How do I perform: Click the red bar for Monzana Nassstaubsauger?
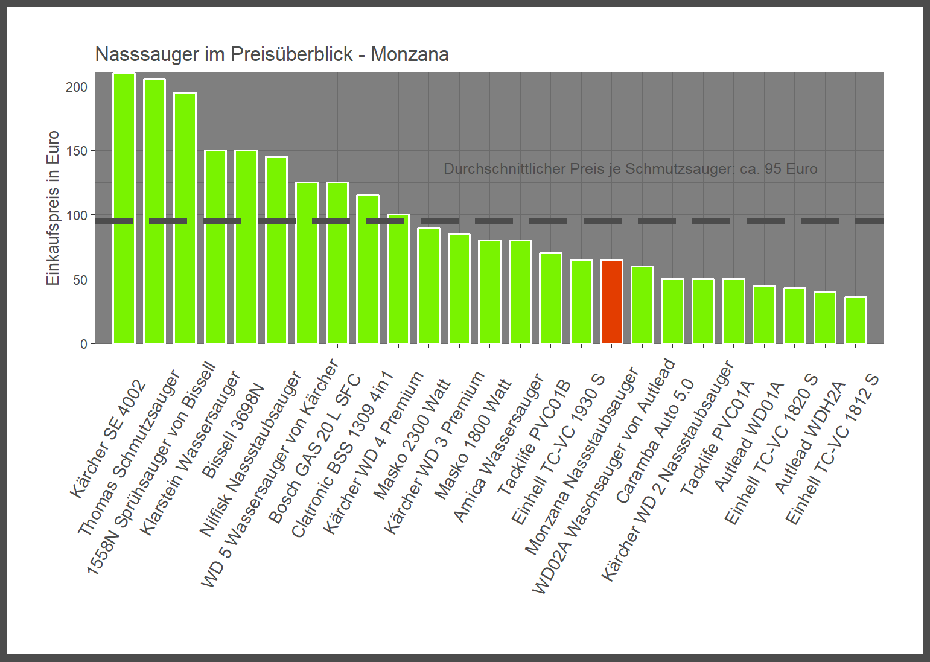click(x=611, y=302)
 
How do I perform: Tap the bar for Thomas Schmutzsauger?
click(x=154, y=211)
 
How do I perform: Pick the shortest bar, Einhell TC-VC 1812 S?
click(x=855, y=320)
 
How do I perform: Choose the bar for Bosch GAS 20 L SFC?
click(x=337, y=263)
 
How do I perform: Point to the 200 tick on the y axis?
click(x=77, y=86)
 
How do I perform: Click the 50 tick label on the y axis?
click(x=80, y=279)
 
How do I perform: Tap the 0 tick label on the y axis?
click(x=84, y=344)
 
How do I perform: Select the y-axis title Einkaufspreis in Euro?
click(x=53, y=208)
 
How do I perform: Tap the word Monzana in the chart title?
click(x=409, y=54)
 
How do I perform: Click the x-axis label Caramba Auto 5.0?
click(x=655, y=441)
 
